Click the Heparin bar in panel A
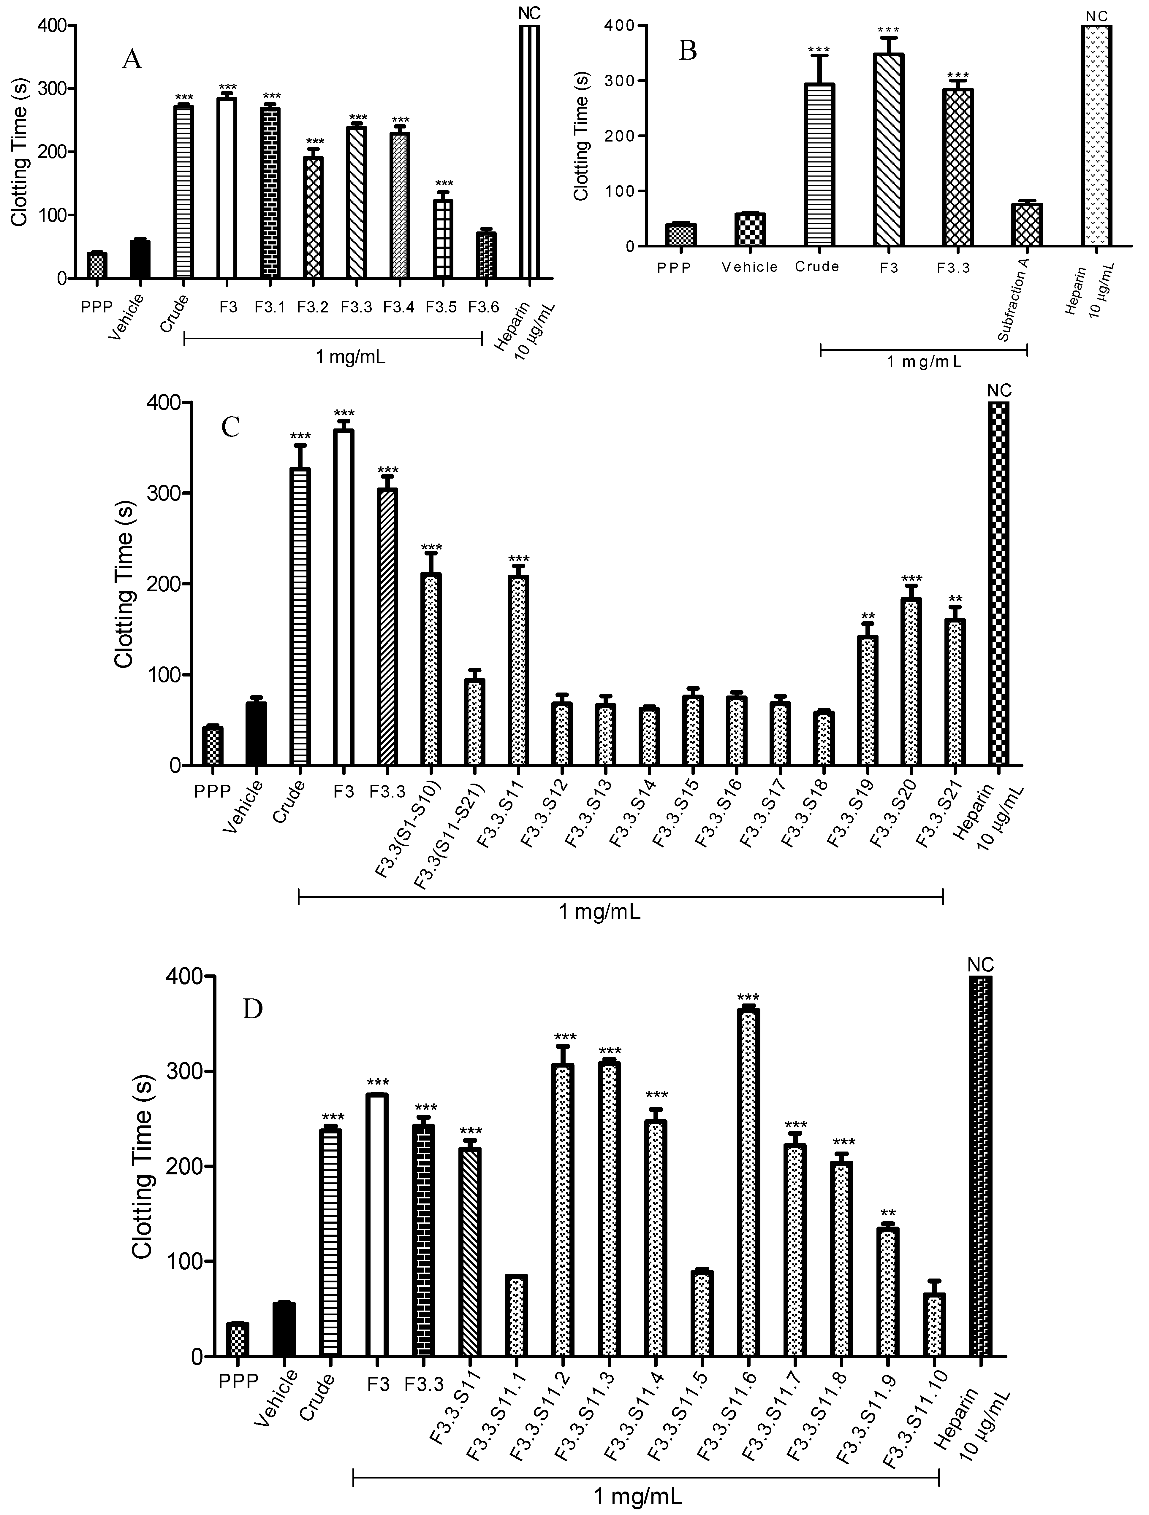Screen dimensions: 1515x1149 point(530,152)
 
